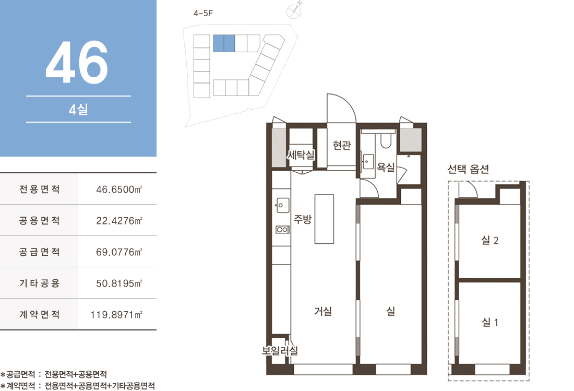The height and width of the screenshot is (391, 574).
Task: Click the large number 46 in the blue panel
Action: (77, 62)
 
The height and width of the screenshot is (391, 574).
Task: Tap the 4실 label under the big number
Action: (78, 110)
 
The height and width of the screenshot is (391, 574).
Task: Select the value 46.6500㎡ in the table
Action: (119, 189)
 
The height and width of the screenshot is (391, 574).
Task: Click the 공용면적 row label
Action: (40, 220)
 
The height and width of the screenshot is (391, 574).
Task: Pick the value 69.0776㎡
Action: (119, 252)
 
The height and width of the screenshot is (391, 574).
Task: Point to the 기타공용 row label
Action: (40, 283)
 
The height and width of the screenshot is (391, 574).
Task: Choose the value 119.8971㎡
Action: (116, 314)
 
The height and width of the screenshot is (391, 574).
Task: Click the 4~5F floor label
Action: (203, 13)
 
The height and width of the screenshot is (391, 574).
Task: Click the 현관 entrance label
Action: (342, 145)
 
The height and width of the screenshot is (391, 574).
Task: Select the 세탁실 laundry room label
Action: (301, 155)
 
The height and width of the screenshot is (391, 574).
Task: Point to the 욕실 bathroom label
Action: (386, 167)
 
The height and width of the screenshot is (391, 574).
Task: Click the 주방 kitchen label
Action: (303, 219)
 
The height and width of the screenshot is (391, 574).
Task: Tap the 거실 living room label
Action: (323, 311)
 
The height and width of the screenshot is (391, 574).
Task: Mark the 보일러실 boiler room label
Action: (280, 351)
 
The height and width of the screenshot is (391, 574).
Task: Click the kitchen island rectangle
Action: (324, 219)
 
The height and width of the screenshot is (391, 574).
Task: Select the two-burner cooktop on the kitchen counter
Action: (283, 230)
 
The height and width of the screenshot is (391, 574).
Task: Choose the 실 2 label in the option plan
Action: (490, 241)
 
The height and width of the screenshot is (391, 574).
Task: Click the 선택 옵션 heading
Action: (468, 169)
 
